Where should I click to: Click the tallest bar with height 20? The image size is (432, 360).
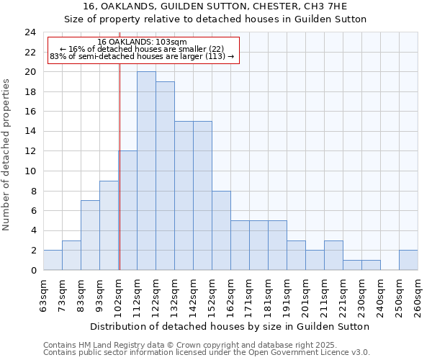pos(146,171)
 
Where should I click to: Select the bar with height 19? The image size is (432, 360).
pos(165,176)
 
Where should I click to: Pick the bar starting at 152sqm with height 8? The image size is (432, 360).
pos(221,230)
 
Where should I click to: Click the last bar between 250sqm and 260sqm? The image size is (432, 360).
pos(408,260)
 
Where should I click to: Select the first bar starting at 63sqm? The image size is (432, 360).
pos(53,260)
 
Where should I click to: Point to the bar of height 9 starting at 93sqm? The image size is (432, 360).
pos(109,225)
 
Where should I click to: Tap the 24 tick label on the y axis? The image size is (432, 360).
pos(30,32)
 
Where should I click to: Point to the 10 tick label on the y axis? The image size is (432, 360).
pos(30,171)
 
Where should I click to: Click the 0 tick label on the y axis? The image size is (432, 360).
pos(33,270)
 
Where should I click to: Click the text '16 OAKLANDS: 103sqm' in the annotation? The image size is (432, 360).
pos(142,42)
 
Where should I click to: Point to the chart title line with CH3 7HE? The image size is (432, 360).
pos(215,6)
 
